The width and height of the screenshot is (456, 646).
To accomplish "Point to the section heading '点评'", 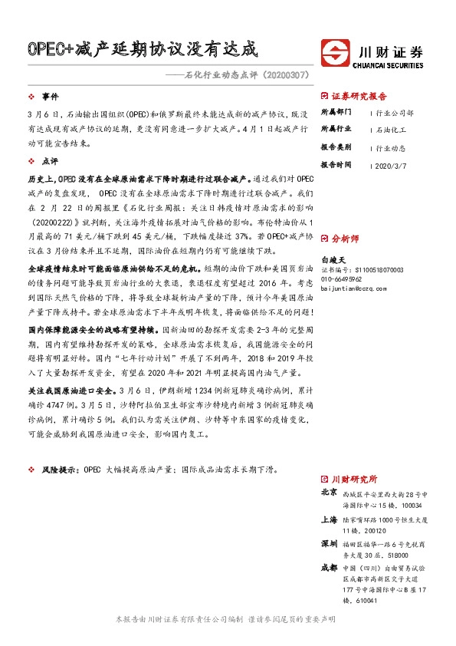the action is [50, 162].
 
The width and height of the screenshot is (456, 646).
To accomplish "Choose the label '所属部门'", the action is [334, 111].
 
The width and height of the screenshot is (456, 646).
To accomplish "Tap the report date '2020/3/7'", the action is [393, 164].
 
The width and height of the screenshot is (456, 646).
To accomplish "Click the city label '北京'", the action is [329, 492].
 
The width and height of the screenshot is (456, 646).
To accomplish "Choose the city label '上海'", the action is [329, 519].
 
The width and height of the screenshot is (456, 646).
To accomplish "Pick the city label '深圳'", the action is [329, 543].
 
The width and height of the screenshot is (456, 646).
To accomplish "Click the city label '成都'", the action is [329, 568].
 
